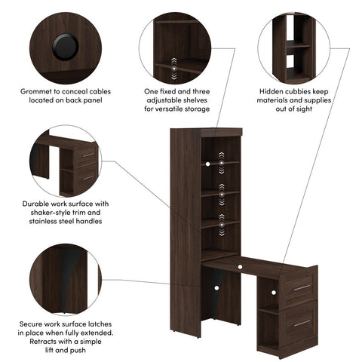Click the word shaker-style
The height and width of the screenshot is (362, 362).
[47, 213]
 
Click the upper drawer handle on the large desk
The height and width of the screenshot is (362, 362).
[301, 287]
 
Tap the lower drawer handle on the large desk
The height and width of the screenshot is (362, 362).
[301, 322]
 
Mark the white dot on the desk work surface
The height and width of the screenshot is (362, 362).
[240, 265]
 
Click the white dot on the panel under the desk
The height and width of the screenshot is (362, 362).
[216, 287]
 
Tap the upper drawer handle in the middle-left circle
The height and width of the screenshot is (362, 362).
[88, 155]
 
